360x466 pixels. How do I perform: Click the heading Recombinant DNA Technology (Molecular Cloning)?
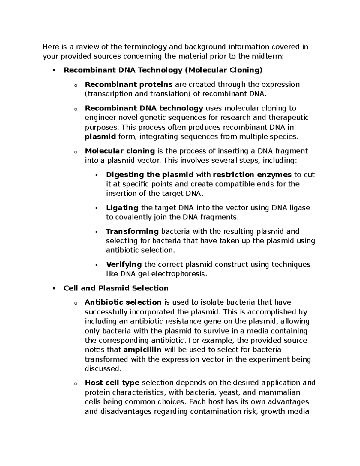pyautogui.click(x=163, y=70)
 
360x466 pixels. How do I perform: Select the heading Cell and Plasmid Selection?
pyautogui.click(x=116, y=288)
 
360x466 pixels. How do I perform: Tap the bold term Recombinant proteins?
pyautogui.click(x=129, y=85)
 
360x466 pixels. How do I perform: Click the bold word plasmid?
pyautogui.click(x=100, y=137)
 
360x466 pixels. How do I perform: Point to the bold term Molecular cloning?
pyautogui.click(x=120, y=151)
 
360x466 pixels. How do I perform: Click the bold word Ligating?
pyautogui.click(x=122, y=208)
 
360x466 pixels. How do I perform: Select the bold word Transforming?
pyautogui.click(x=132, y=231)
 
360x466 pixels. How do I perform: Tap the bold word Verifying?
pyautogui.click(x=124, y=264)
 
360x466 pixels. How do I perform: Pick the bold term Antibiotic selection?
pyautogui.click(x=123, y=302)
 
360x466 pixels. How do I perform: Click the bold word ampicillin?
pyautogui.click(x=142, y=350)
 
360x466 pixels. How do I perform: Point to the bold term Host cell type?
pyautogui.click(x=112, y=383)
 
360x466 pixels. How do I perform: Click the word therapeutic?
pyautogui.click(x=288, y=118)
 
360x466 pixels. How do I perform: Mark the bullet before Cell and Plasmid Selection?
pyautogui.click(x=54, y=289)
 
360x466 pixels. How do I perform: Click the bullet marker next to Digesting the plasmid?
pyautogui.click(x=96, y=175)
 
